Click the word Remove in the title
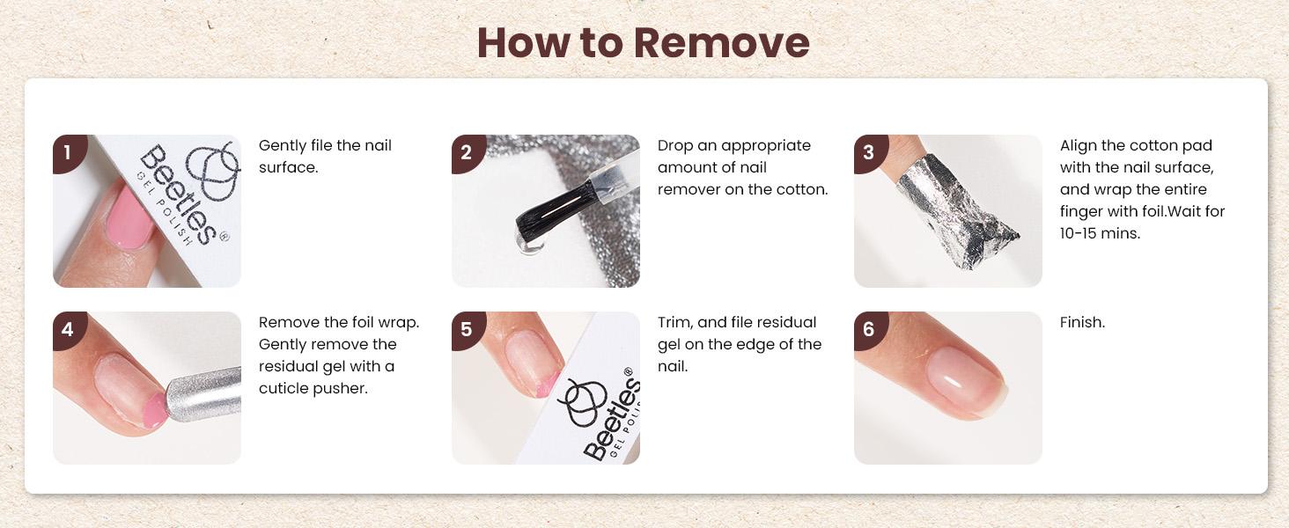tap(722, 42)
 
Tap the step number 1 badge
tap(69, 153)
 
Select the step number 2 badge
tap(468, 153)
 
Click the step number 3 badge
tap(870, 153)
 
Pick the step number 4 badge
tap(69, 330)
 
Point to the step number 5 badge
tap(468, 330)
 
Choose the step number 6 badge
tap(870, 330)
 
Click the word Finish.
tap(1082, 322)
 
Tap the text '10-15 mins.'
tap(1100, 233)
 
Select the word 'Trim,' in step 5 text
tap(675, 323)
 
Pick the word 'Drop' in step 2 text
tap(675, 146)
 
